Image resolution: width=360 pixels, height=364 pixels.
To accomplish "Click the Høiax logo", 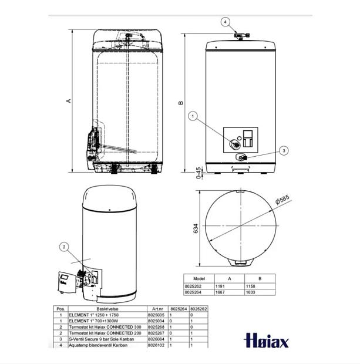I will (x=265, y=340).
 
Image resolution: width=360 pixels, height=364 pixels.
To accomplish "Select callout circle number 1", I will (x=193, y=116).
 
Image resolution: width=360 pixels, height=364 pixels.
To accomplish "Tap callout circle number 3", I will (x=284, y=151).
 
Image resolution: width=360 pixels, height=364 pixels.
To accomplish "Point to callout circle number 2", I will (x=64, y=247).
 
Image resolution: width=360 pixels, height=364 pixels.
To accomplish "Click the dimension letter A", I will (x=69, y=101).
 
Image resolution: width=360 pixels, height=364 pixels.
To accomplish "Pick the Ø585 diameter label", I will (x=282, y=201).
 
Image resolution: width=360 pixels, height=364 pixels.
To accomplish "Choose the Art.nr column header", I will (x=157, y=308).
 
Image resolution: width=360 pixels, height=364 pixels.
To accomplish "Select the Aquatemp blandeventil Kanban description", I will (x=97, y=345).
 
